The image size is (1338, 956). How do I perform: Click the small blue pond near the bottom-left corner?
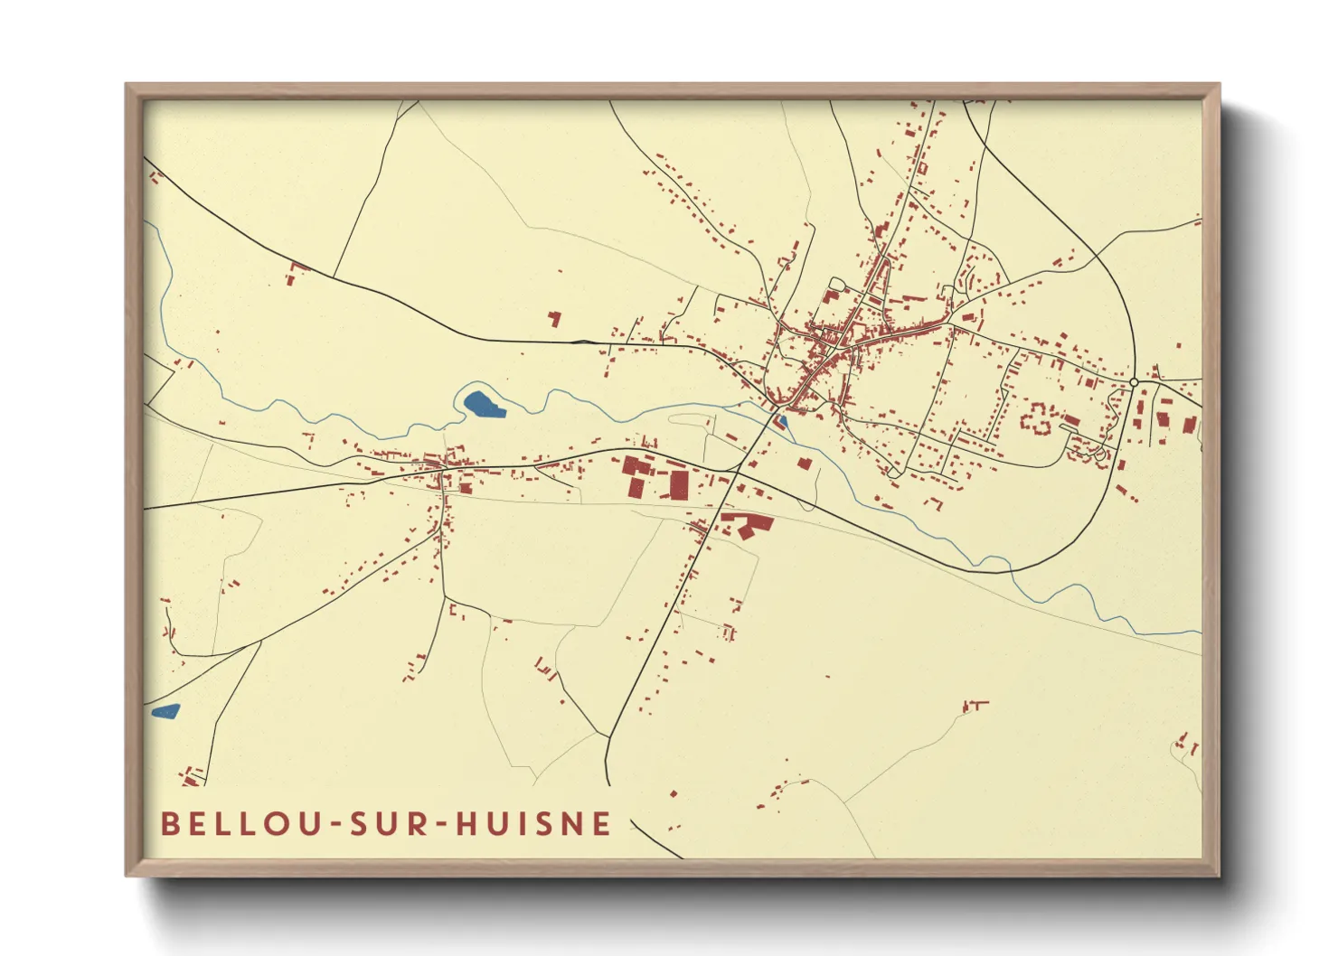pyautogui.click(x=166, y=711)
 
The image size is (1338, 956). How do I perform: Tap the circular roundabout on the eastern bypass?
pyautogui.click(x=1134, y=383)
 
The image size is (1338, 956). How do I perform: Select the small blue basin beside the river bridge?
pyautogui.click(x=783, y=421)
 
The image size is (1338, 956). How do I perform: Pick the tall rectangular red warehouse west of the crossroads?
pyautogui.click(x=678, y=484)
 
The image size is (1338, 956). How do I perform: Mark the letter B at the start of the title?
pyautogui.click(x=169, y=824)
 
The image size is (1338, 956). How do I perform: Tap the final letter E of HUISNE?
pyautogui.click(x=601, y=824)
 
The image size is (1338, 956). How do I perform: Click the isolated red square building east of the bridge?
pyautogui.click(x=804, y=464)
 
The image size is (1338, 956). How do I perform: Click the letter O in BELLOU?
pyautogui.click(x=274, y=824)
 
